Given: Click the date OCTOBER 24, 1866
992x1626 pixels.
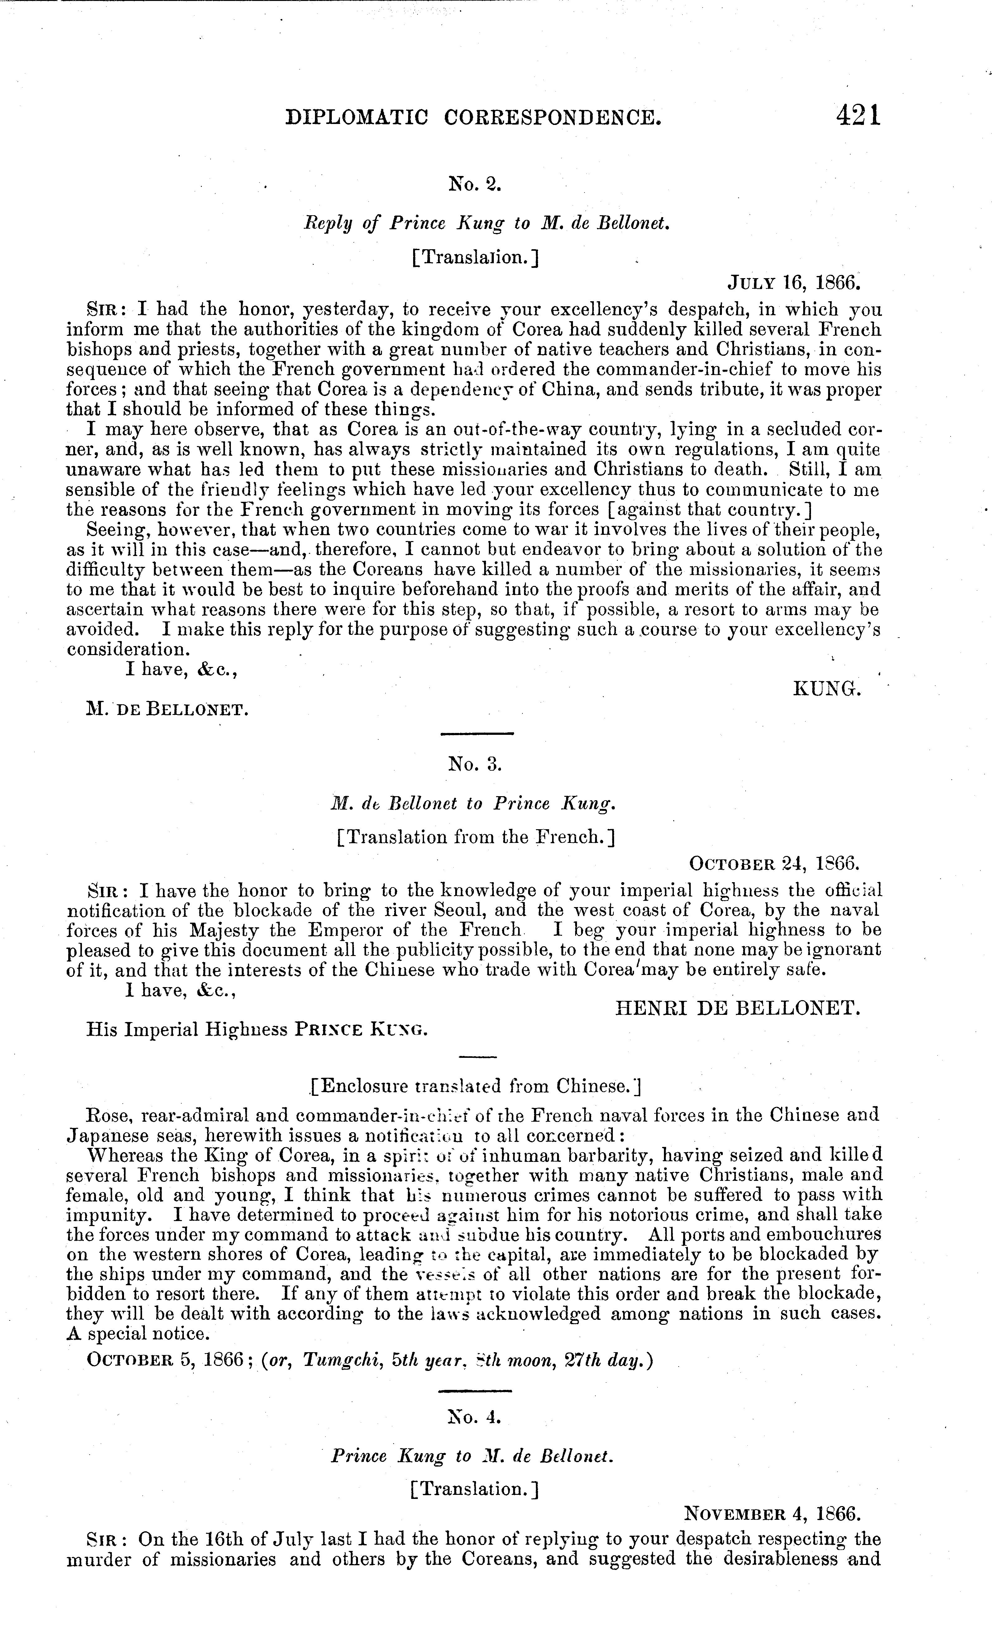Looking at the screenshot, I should point(774,863).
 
